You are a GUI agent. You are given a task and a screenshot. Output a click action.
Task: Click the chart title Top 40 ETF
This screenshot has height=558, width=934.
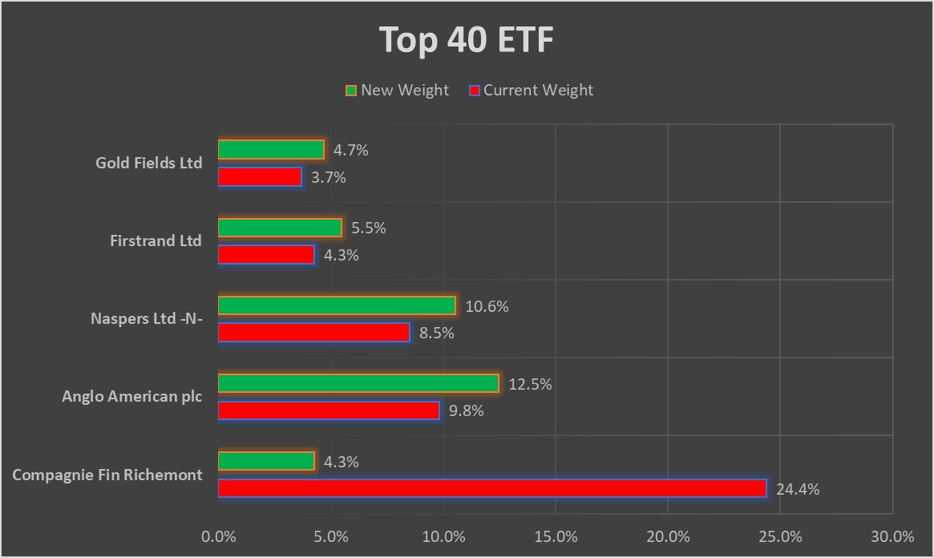467,40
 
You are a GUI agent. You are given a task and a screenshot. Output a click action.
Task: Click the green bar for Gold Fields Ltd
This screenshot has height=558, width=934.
271,150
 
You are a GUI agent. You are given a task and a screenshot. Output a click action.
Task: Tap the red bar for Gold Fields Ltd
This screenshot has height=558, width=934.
260,176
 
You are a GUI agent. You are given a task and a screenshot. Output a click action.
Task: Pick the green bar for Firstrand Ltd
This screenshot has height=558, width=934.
280,228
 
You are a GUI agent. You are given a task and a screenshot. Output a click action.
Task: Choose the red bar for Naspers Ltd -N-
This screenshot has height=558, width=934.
313,332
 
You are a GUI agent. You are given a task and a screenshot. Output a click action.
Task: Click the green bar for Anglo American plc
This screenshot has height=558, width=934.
358,384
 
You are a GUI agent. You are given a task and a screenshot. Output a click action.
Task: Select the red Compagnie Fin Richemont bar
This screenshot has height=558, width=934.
492,488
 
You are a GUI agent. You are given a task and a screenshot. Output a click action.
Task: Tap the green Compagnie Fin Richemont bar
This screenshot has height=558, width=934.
266,462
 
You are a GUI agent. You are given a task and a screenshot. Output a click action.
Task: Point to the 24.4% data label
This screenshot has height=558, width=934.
797,489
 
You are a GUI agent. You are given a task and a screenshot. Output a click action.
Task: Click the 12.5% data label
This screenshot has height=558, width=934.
529,385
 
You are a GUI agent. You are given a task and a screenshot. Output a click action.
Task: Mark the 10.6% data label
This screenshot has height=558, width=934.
486,306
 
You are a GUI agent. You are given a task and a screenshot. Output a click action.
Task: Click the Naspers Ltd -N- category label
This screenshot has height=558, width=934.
147,319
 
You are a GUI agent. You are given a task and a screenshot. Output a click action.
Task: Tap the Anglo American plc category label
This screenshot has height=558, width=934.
132,397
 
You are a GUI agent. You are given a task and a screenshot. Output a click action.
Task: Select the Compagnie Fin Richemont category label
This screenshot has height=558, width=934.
107,475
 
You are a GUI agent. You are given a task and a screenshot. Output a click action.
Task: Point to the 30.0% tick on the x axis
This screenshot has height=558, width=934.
892,536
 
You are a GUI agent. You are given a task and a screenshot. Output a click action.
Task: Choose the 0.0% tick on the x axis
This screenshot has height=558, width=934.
219,536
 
